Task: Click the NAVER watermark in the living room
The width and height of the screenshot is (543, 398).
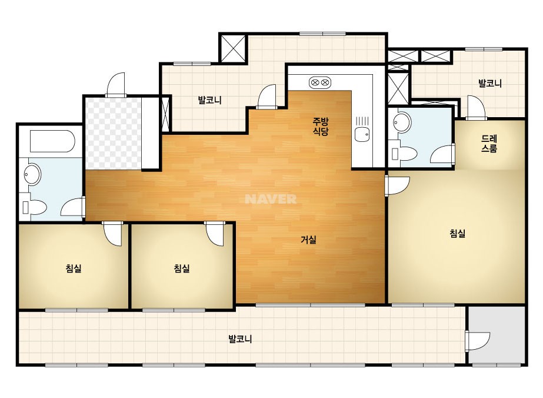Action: click(x=271, y=199)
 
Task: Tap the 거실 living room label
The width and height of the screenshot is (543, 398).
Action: click(x=308, y=240)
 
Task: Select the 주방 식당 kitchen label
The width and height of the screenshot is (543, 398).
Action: click(x=320, y=127)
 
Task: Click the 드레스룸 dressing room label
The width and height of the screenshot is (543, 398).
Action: click(x=489, y=144)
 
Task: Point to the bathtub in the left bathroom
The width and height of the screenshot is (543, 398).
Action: click(x=52, y=141)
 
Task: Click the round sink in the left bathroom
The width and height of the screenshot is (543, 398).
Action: click(x=32, y=174)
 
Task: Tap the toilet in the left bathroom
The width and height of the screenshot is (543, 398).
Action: click(x=34, y=207)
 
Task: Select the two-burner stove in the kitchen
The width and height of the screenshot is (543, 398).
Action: click(x=319, y=82)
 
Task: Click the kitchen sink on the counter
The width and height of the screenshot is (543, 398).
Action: click(x=362, y=134)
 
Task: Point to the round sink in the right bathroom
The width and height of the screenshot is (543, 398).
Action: click(x=402, y=122)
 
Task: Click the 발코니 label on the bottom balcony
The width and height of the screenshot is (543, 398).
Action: click(x=240, y=339)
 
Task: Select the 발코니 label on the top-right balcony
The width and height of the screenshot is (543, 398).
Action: click(x=489, y=83)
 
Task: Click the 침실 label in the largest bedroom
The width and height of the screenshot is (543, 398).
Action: click(x=457, y=233)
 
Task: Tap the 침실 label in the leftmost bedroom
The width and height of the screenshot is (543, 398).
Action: click(x=74, y=268)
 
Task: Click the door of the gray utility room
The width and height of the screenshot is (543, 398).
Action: click(x=477, y=341)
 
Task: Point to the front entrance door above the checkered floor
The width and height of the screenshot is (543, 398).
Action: click(x=115, y=85)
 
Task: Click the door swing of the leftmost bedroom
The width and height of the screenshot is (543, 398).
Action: click(x=113, y=234)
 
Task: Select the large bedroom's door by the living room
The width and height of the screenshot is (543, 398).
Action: click(x=397, y=186)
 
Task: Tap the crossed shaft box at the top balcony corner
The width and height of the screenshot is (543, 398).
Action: click(x=233, y=48)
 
